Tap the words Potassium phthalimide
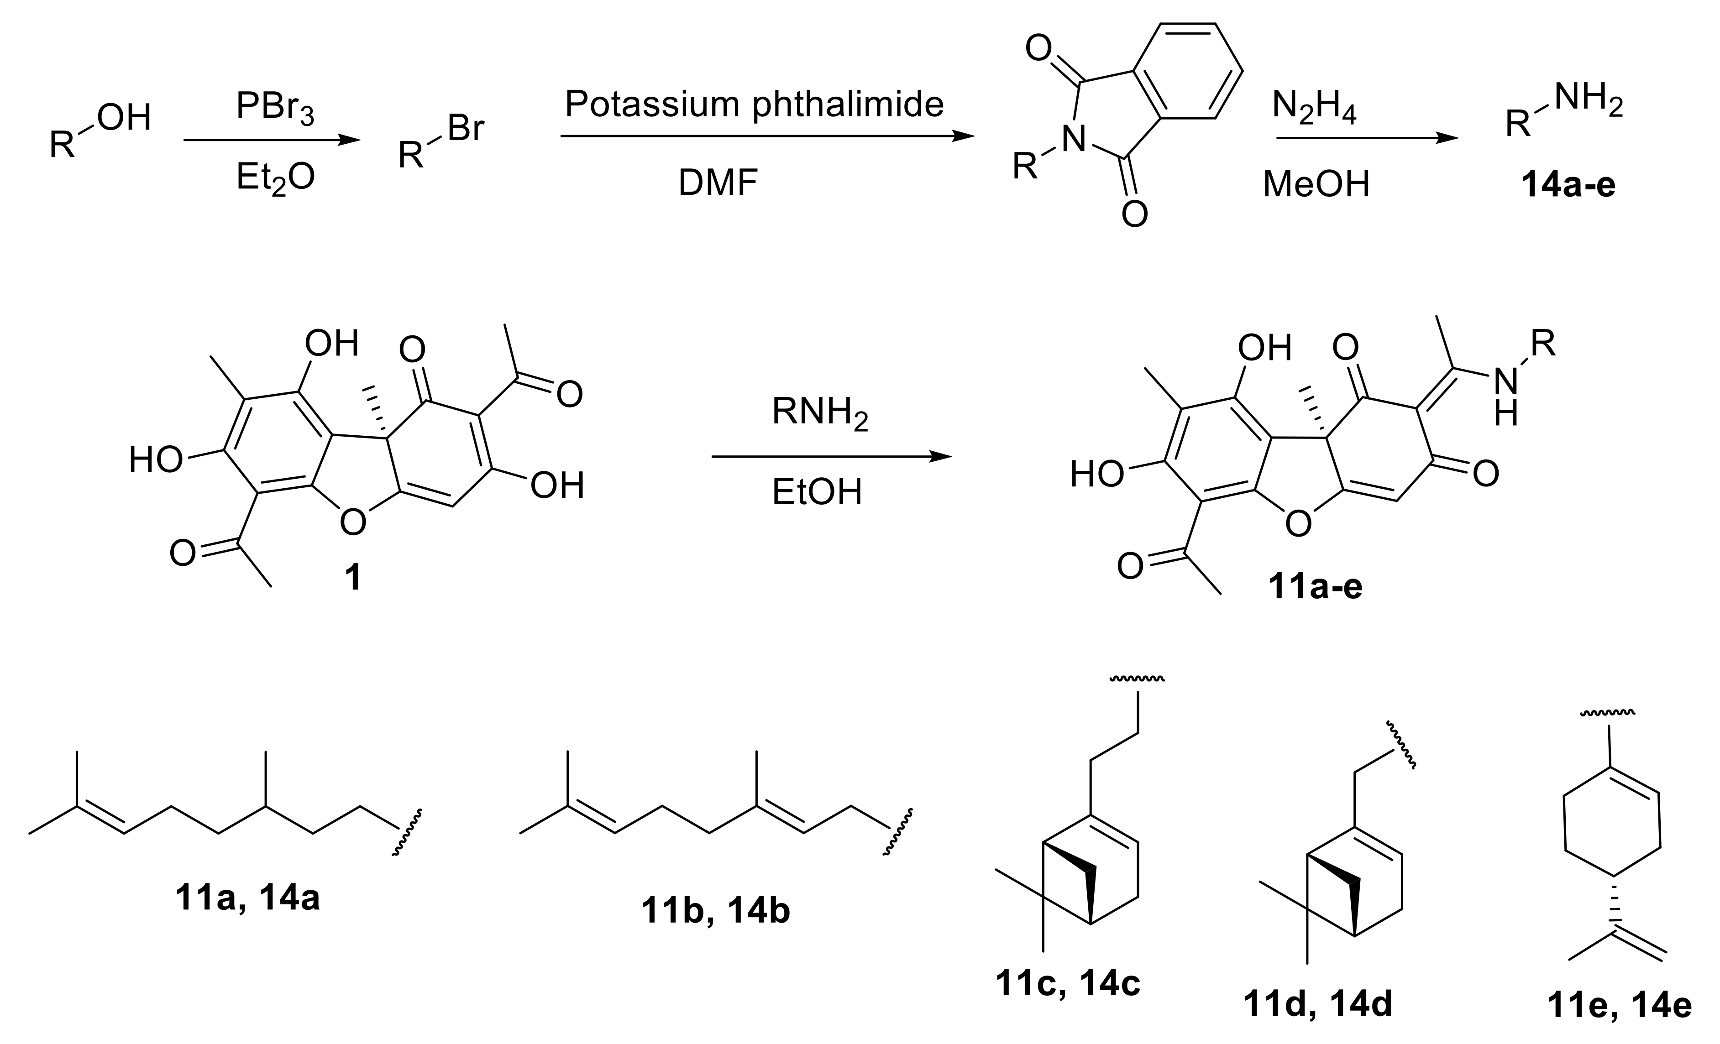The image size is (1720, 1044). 754,104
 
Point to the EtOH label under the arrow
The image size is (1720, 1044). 817,492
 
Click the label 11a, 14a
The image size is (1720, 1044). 248,898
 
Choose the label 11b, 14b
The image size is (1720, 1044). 715,911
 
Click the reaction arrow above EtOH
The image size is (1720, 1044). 831,457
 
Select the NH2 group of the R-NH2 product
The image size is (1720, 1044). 1588,101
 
